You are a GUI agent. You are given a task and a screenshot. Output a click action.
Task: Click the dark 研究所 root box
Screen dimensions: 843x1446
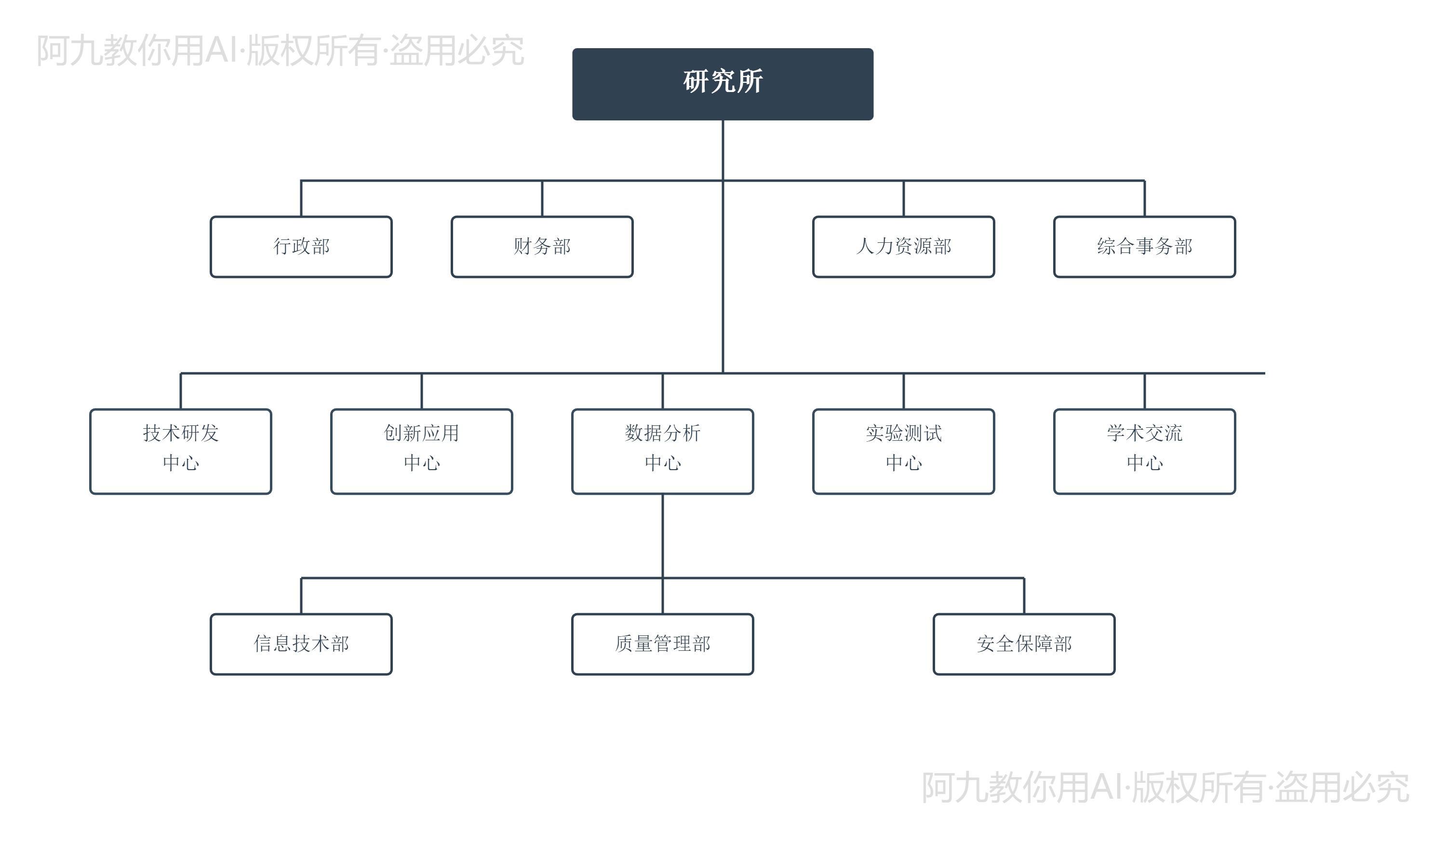click(723, 84)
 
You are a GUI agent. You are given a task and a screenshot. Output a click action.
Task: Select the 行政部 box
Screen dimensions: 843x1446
click(301, 247)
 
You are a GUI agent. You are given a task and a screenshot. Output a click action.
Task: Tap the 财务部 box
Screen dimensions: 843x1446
click(542, 247)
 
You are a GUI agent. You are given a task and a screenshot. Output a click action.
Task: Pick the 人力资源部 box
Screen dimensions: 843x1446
click(903, 247)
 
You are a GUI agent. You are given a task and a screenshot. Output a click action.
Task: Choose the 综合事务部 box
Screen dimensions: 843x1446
click(1144, 247)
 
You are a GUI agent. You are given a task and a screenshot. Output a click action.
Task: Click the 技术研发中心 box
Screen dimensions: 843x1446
click(181, 451)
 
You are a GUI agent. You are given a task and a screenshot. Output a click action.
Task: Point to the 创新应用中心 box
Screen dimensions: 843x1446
click(422, 451)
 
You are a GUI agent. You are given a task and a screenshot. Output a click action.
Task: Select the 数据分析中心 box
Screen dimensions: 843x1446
click(662, 451)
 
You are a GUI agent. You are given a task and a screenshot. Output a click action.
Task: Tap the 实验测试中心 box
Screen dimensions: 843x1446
click(903, 451)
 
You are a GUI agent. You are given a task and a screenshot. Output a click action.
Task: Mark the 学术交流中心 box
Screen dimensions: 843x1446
click(1144, 451)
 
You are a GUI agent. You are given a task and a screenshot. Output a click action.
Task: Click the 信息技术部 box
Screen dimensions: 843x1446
click(301, 644)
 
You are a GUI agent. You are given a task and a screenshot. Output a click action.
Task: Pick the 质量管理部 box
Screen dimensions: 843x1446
click(662, 644)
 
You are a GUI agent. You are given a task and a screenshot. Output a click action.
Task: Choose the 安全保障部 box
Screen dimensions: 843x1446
click(1024, 644)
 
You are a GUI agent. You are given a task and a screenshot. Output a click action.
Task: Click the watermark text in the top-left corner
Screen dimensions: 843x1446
click(280, 51)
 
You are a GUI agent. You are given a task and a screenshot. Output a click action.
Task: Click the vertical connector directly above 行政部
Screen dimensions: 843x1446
click(301, 198)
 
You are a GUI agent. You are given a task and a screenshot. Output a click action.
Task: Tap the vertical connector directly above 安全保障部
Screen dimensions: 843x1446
click(1024, 596)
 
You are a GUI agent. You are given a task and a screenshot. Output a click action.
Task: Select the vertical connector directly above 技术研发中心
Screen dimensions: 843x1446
click(181, 391)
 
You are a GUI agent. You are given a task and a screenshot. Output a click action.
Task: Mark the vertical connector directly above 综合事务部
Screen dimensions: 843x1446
click(1144, 198)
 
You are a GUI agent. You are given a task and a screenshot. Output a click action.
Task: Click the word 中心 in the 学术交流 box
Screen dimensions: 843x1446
click(1144, 463)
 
